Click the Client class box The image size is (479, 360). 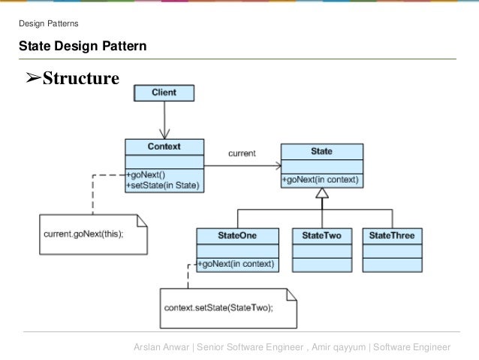tap(164, 93)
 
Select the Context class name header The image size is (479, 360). tap(164, 147)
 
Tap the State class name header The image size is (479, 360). tap(321, 151)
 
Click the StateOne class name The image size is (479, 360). tap(237, 235)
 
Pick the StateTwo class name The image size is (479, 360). tap(321, 235)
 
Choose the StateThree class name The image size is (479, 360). tap(391, 235)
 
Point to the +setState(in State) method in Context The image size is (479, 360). tap(163, 184)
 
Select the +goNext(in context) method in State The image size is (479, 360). tap(321, 180)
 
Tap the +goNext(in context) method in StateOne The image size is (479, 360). tap(237, 265)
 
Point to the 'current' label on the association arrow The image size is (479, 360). tap(242, 153)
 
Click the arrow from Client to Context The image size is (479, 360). tap(164, 120)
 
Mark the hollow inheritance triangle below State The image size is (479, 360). tap(321, 194)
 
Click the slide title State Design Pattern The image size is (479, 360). tap(83, 47)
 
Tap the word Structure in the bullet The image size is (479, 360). tap(80, 77)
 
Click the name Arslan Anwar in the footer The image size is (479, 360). tap(161, 346)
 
